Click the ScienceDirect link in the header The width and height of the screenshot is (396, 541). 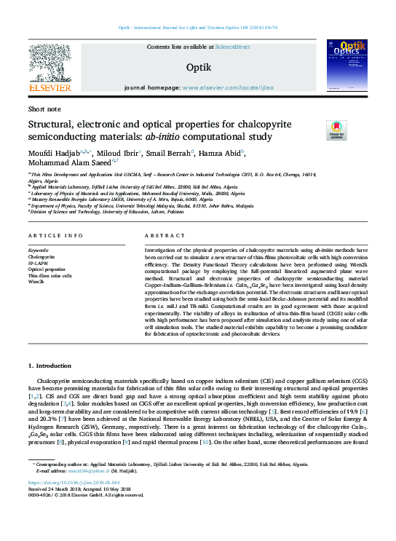pyautogui.click(x=233, y=47)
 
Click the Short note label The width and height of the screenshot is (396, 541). pyautogui.click(x=44, y=108)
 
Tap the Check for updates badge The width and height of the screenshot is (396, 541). pyautogui.click(x=316, y=130)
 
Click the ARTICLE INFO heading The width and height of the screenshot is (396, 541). pyautogui.click(x=55, y=237)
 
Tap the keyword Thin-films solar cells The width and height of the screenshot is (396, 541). pyautogui.click(x=49, y=276)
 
